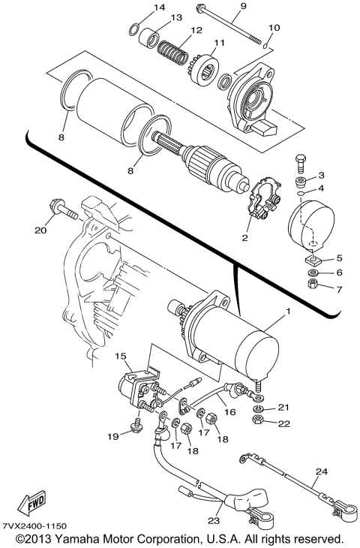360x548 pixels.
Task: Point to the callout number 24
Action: [x=321, y=472]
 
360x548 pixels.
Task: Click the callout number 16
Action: [x=229, y=412]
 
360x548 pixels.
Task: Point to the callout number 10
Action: [x=274, y=28]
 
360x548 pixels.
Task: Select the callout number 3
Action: [x=321, y=176]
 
